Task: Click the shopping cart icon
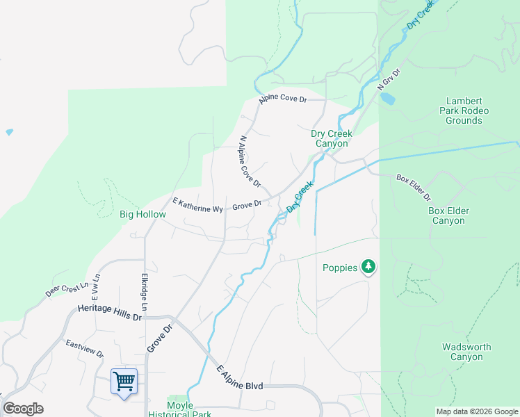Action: tap(124, 381)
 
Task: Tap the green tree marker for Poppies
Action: tap(368, 267)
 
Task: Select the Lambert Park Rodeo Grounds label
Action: tap(467, 111)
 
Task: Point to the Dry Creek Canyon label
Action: tap(332, 138)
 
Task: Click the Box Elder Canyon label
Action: tap(448, 215)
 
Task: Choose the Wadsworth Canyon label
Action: tap(466, 352)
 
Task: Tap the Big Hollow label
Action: tap(143, 214)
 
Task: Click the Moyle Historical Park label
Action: tap(179, 409)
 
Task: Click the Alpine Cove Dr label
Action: tap(283, 99)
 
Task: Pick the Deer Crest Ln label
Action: tap(67, 289)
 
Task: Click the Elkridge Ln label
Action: tap(145, 291)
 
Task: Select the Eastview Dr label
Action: tap(85, 348)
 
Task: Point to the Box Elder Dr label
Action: tap(414, 187)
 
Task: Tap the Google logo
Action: tap(23, 409)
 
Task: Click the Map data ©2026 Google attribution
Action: tap(477, 411)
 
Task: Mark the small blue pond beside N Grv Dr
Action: tap(387, 99)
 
